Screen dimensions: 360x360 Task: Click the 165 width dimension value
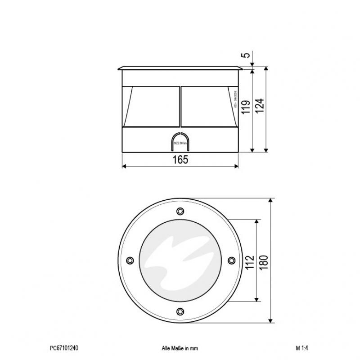[180, 159]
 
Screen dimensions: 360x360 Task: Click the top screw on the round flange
[180, 211]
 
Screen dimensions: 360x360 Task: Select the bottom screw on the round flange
[180, 311]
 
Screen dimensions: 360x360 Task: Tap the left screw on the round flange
[130, 261]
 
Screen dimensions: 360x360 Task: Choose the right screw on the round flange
[230, 261]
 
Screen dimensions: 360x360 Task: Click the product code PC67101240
[64, 348]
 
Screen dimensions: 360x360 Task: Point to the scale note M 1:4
[302, 348]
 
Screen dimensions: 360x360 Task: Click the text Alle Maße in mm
[180, 348]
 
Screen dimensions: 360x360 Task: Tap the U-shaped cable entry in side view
[180, 141]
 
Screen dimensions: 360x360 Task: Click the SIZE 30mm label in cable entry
[180, 143]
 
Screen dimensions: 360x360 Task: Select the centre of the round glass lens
[180, 261]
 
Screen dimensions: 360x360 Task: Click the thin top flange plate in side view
[180, 69]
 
